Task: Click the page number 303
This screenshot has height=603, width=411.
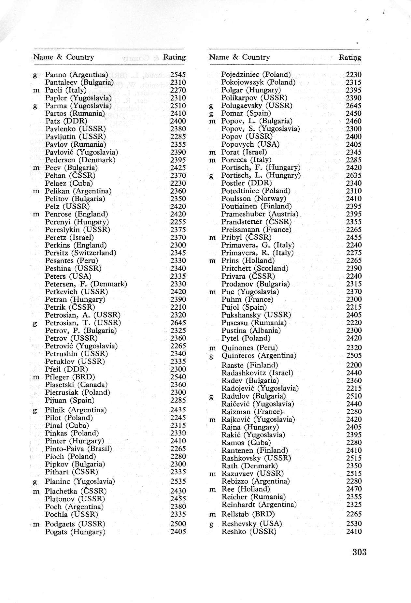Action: pos(359,552)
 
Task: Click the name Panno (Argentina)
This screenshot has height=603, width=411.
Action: pos(77,75)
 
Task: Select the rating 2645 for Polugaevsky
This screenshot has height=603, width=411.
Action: pos(353,106)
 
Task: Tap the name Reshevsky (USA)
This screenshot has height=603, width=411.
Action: pos(251,524)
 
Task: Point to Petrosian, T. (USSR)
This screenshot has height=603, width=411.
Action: pos(83,323)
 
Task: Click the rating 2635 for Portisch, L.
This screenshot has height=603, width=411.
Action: pos(353,175)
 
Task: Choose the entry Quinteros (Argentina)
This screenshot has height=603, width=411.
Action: pos(259,356)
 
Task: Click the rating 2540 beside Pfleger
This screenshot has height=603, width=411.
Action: pos(178,377)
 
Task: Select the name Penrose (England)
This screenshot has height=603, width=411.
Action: pos(77,214)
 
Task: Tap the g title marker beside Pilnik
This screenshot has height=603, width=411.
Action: pos(35,410)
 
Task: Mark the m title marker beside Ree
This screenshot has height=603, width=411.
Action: pos(212,489)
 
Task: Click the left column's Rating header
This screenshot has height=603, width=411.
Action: pos(174,57)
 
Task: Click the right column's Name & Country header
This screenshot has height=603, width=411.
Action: pos(239,57)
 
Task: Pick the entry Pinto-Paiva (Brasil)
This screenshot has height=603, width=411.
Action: pos(78,449)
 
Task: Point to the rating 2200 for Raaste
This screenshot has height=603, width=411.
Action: pos(354,365)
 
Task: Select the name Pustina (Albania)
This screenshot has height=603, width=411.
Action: pos(251,331)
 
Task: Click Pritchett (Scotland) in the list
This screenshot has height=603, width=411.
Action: pos(255,269)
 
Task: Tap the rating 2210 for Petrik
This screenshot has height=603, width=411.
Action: pos(178,307)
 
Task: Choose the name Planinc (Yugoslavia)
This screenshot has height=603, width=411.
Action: pos(80,481)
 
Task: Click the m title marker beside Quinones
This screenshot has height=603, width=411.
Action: pos(212,348)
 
